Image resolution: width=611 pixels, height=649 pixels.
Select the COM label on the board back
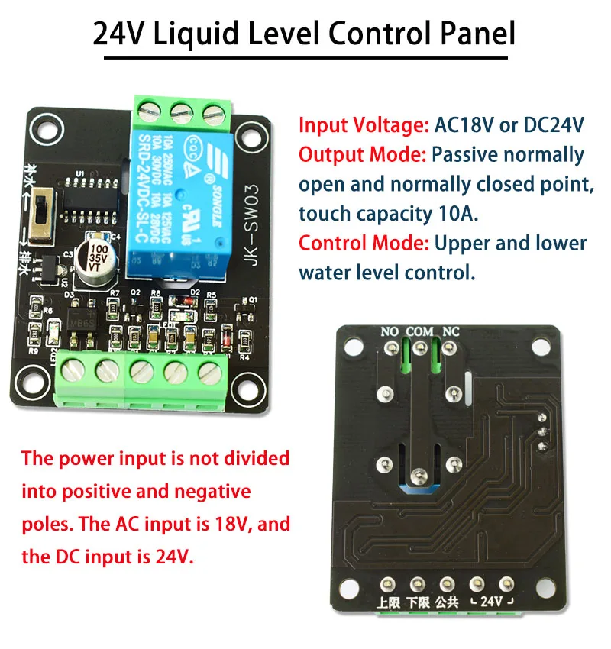420,331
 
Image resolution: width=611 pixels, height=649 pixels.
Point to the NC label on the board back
451,331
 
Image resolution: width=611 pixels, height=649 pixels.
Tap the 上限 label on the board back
388,601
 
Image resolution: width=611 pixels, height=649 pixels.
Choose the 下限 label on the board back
418,601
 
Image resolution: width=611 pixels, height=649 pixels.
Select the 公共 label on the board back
448,601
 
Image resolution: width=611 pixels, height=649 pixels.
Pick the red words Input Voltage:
364,124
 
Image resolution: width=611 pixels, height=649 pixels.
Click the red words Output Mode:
362,154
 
